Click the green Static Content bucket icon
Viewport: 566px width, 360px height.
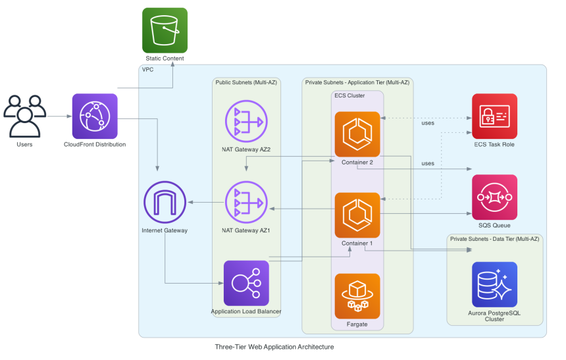(x=165, y=30)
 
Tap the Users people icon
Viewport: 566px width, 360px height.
(x=24, y=116)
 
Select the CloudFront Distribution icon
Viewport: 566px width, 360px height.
(x=95, y=116)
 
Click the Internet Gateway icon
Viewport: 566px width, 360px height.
(x=165, y=201)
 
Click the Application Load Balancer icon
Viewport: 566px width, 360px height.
(x=247, y=282)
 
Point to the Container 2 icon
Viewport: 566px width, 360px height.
(x=357, y=134)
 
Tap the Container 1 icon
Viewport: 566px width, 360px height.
(x=357, y=215)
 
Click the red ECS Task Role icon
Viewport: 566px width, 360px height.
(x=494, y=116)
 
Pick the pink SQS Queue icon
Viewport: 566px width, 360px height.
(x=494, y=197)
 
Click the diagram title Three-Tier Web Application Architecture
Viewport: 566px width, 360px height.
(x=274, y=347)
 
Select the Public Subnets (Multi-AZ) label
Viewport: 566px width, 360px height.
(x=246, y=82)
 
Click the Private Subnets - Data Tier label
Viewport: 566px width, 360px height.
(x=494, y=238)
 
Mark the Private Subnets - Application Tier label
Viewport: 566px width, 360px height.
(x=357, y=82)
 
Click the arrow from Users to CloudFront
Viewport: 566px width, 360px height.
(x=58, y=116)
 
